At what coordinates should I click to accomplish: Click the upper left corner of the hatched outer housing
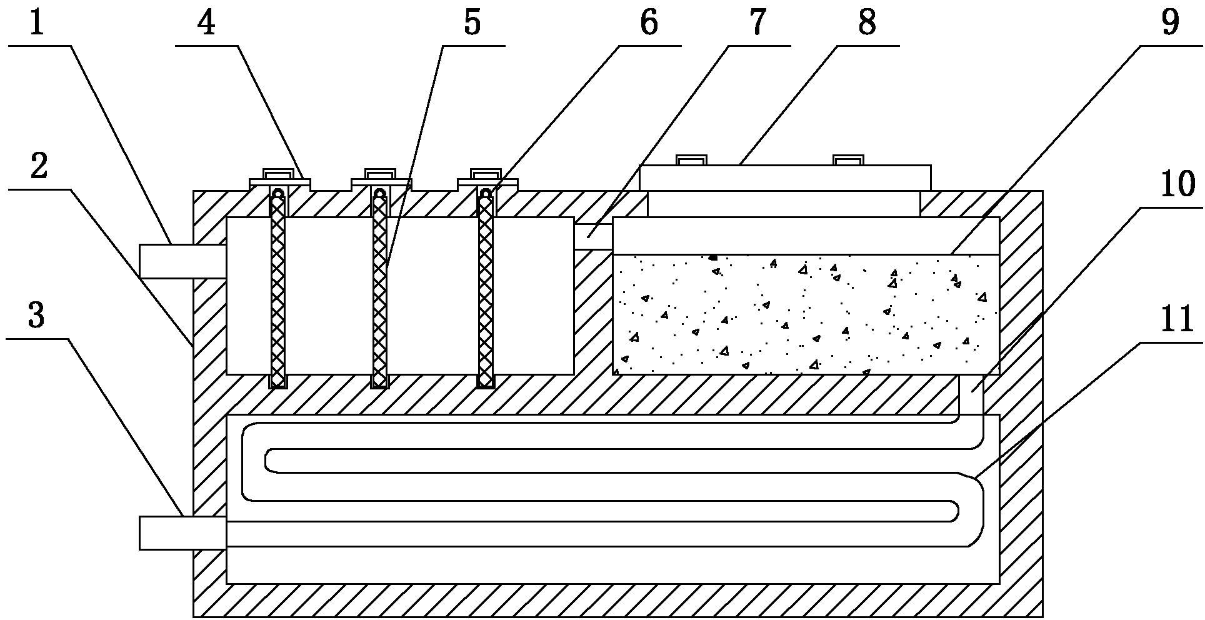(194, 191)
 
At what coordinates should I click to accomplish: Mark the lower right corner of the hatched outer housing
(1042, 616)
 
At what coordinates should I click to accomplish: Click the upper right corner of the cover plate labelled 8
(931, 166)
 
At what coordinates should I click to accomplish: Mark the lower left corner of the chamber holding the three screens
(226, 374)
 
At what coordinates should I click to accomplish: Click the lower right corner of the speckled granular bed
(999, 374)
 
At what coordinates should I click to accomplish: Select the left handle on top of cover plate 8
(692, 161)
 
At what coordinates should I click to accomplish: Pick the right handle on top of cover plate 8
(849, 161)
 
